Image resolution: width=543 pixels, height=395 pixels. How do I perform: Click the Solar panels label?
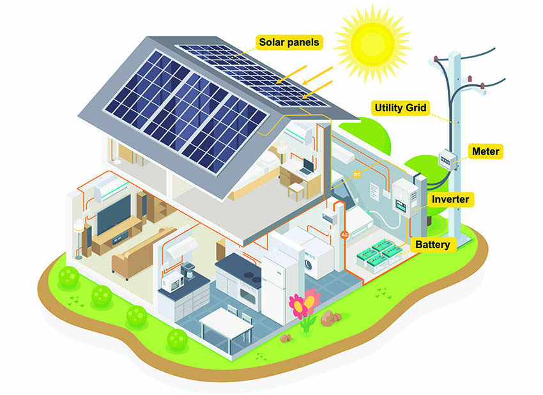[x=289, y=42]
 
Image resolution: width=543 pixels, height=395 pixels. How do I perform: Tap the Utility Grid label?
[x=401, y=108]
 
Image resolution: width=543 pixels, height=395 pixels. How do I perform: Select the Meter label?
[x=486, y=151]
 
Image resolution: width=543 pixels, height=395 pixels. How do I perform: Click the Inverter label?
[x=450, y=199]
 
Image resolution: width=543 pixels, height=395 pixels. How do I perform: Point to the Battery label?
[x=432, y=245]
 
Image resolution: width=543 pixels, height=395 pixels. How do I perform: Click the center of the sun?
[x=372, y=43]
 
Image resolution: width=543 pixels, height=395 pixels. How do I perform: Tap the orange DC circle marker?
[x=357, y=174]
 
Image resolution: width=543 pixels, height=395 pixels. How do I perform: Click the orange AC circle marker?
[x=344, y=235]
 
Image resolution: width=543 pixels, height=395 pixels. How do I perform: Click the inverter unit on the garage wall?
[x=405, y=198]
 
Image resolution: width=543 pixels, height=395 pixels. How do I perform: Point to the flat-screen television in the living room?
[x=114, y=215]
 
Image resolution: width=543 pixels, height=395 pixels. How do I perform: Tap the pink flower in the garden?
[x=304, y=302]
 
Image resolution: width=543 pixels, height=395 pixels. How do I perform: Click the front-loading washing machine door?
[x=308, y=265]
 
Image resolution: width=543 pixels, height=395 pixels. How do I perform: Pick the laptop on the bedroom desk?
[x=307, y=167]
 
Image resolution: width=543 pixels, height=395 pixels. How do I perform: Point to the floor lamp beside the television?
[x=79, y=239]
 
